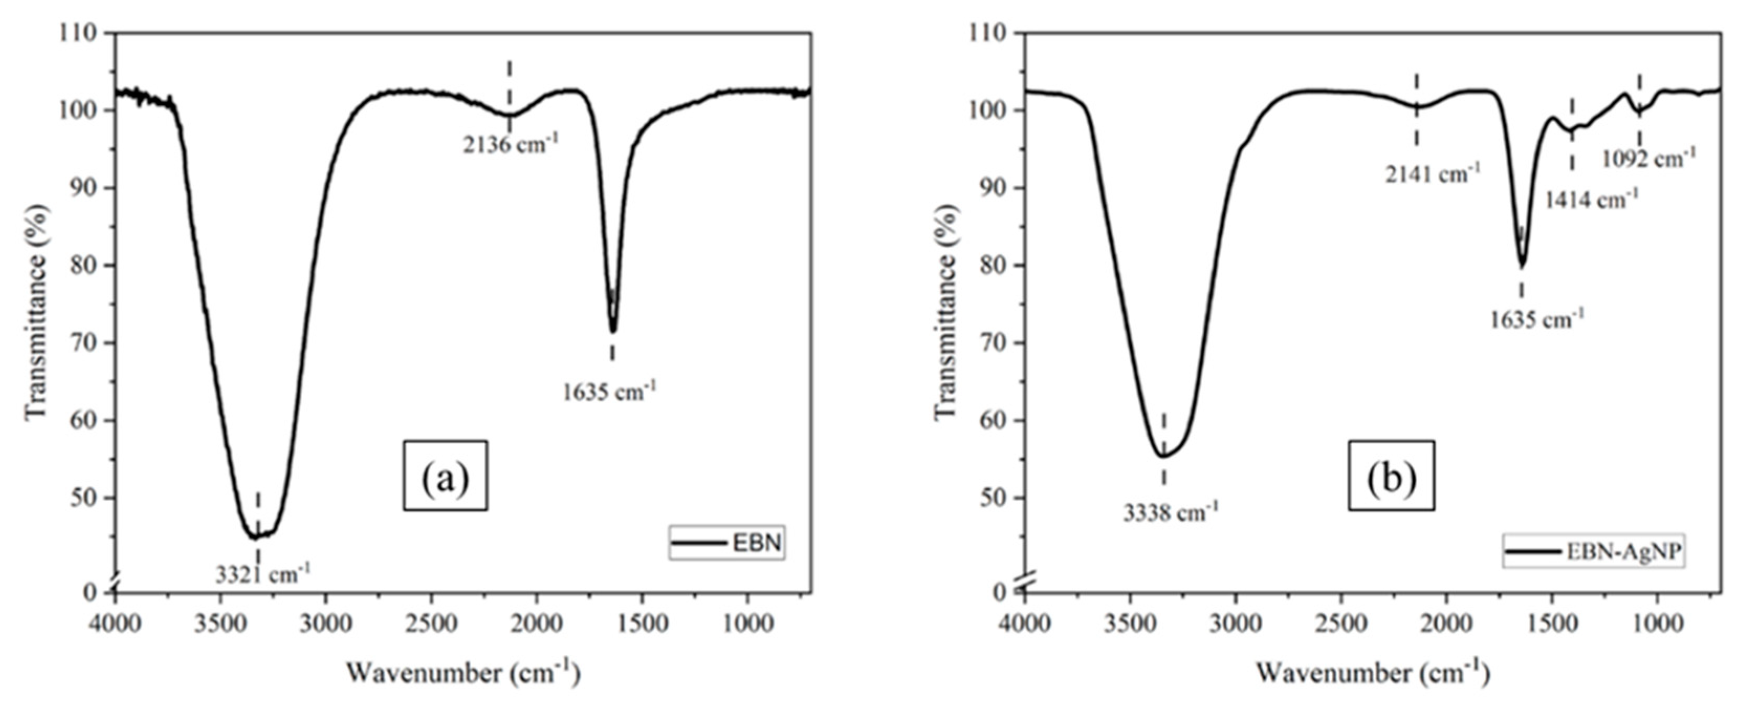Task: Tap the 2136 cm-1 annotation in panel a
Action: pyautogui.click(x=511, y=144)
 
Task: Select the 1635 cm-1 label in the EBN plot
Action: pyautogui.click(x=609, y=391)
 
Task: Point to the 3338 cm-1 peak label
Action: pyautogui.click(x=1171, y=512)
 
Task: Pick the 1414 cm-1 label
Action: pyautogui.click(x=1591, y=199)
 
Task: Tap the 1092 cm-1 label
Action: pyautogui.click(x=1648, y=159)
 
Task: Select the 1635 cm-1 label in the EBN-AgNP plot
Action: pyautogui.click(x=1536, y=318)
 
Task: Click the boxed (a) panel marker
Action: pyautogui.click(x=445, y=475)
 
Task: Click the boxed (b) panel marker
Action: pyautogui.click(x=1391, y=475)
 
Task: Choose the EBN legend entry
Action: pyautogui.click(x=728, y=543)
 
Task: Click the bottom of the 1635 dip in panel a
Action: pyautogui.click(x=613, y=331)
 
